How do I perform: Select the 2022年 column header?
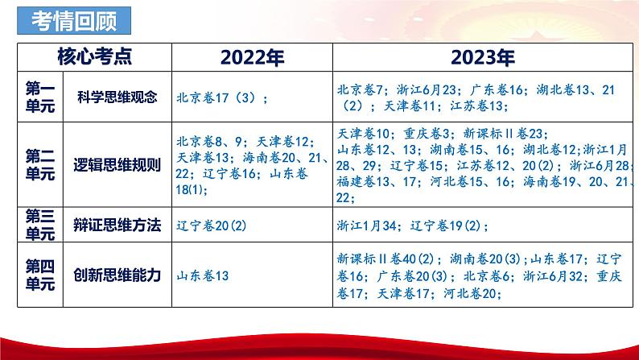point(252,57)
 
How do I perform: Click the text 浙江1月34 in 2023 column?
point(369,226)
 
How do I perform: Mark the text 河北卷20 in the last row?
point(472,296)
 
